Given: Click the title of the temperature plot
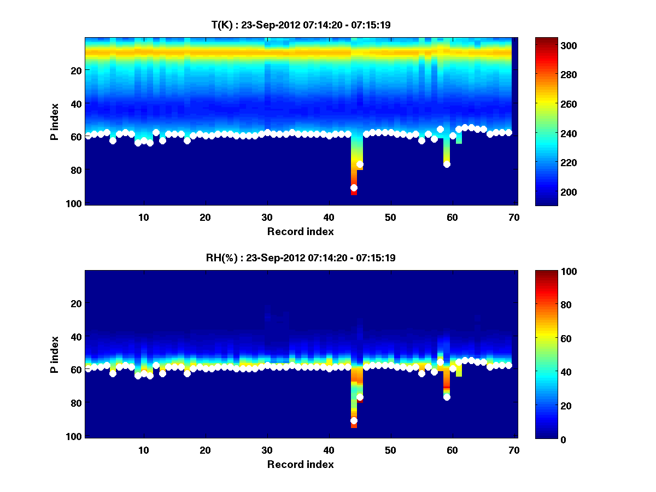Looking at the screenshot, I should pyautogui.click(x=300, y=25).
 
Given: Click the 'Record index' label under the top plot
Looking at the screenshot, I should pyautogui.click(x=300, y=231).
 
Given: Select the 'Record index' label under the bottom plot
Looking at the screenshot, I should pyautogui.click(x=300, y=464).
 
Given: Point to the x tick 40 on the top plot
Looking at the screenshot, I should pyautogui.click(x=329, y=216).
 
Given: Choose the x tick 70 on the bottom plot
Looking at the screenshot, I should pyautogui.click(x=513, y=450).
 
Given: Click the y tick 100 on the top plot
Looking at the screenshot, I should pyautogui.click(x=75, y=203).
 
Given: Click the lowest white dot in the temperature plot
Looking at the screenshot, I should pyautogui.click(x=354, y=188).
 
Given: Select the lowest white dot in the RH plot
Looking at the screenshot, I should pyautogui.click(x=354, y=420).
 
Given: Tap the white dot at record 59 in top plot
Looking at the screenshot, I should pyautogui.click(x=447, y=164).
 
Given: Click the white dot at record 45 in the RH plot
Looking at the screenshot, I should pyautogui.click(x=360, y=397).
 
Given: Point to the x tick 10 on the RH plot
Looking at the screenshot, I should pyautogui.click(x=143, y=450).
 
